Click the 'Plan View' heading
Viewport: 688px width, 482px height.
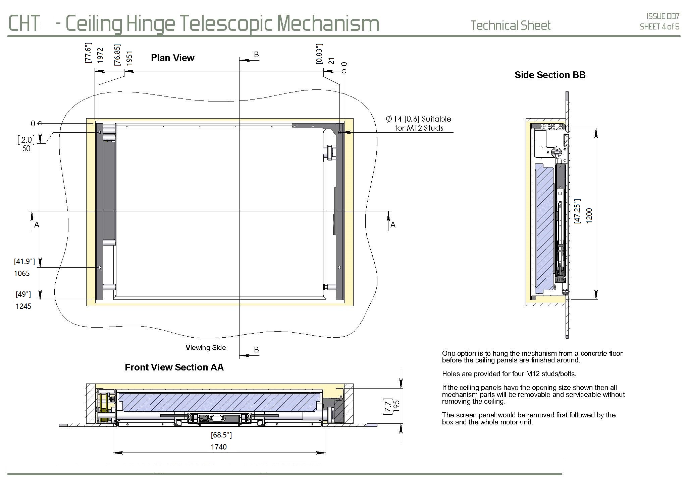172,58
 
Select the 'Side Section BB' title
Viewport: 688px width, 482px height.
550,75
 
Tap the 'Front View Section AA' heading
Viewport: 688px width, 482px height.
174,367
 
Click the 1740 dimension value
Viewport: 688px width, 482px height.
219,447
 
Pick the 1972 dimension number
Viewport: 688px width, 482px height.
100,55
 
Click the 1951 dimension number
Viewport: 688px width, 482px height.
129,58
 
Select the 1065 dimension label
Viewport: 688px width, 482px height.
22,274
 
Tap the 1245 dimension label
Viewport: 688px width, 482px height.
23,306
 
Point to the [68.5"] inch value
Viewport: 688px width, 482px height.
221,435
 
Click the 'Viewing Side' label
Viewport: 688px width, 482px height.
206,348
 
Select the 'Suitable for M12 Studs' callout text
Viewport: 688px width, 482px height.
419,123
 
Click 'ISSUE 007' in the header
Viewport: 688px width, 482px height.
663,16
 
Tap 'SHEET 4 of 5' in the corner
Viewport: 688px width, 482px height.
659,27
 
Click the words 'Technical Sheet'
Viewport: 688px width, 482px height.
510,25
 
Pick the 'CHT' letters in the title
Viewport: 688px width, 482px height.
24,23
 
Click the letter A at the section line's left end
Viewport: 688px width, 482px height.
37,225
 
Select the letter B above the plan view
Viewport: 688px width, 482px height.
256,55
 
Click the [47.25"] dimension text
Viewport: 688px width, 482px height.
577,211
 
